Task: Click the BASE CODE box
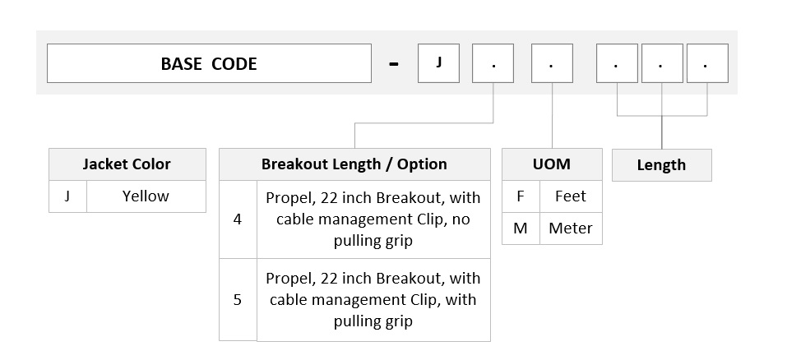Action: pos(209,63)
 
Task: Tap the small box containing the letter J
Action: pos(438,63)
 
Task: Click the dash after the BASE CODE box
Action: pos(394,64)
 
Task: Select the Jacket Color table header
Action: pos(127,164)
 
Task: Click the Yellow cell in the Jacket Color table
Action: pos(146,196)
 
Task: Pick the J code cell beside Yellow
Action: pos(67,196)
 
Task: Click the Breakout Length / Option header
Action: pos(354,164)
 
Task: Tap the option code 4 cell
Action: pos(238,219)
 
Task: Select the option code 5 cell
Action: pos(238,300)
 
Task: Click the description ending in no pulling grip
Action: pos(373,219)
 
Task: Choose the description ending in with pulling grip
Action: pos(373,300)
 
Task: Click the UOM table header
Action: pos(552,164)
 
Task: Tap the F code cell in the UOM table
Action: pos(521,196)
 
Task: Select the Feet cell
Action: pos(571,196)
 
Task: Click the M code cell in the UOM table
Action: pos(521,228)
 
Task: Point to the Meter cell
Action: pos(571,228)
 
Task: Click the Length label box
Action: pos(661,165)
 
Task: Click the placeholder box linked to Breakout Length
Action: pos(493,63)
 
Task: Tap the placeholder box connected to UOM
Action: pos(552,63)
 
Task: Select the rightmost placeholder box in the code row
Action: pos(707,63)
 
